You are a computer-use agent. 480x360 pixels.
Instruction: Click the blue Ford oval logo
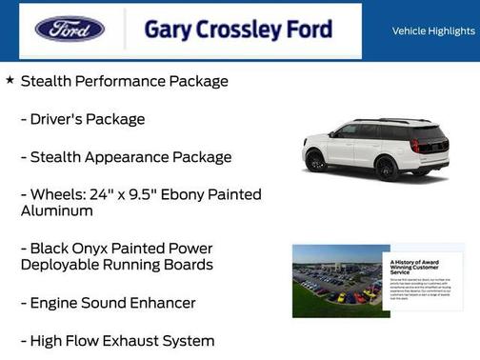[x=70, y=29]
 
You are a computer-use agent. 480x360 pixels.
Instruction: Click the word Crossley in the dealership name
[x=243, y=30]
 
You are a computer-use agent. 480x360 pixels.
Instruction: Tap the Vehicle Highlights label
[x=433, y=31]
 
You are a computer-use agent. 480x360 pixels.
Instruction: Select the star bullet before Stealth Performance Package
[x=10, y=80]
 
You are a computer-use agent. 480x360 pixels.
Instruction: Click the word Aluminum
[x=56, y=210]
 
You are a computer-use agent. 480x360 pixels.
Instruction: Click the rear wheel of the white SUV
[x=385, y=169]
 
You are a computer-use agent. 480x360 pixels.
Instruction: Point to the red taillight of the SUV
[x=414, y=146]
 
